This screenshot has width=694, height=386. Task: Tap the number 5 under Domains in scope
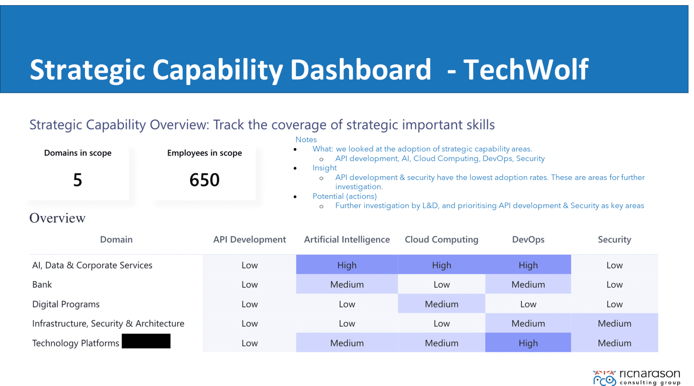click(78, 180)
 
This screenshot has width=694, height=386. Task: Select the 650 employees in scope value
click(205, 180)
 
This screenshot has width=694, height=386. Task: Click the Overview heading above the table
click(57, 218)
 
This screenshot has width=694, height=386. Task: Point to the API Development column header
click(249, 239)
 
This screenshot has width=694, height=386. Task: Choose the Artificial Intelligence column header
click(347, 239)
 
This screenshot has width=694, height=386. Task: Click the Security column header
click(614, 239)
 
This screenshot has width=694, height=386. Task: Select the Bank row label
click(42, 285)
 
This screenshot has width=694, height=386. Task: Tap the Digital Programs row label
click(66, 304)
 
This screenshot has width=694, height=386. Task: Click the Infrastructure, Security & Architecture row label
click(108, 324)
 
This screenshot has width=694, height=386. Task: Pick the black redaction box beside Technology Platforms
click(146, 341)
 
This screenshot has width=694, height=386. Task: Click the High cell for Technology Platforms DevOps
click(528, 343)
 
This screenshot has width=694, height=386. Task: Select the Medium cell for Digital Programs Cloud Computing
click(441, 304)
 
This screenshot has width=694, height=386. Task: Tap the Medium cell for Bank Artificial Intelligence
click(347, 285)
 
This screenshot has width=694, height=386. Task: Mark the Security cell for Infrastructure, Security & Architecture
click(614, 324)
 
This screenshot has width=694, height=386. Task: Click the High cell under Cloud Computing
click(441, 265)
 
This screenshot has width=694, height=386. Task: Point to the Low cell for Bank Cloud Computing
click(441, 285)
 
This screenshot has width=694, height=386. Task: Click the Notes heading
click(306, 140)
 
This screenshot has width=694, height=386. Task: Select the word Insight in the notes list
click(324, 168)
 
